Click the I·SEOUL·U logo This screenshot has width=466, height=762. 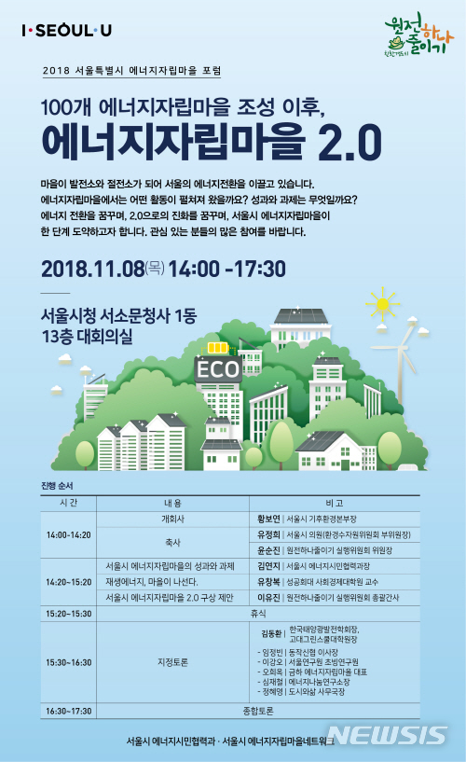pyautogui.click(x=66, y=31)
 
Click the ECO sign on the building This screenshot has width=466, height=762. pyautogui.click(x=219, y=370)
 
